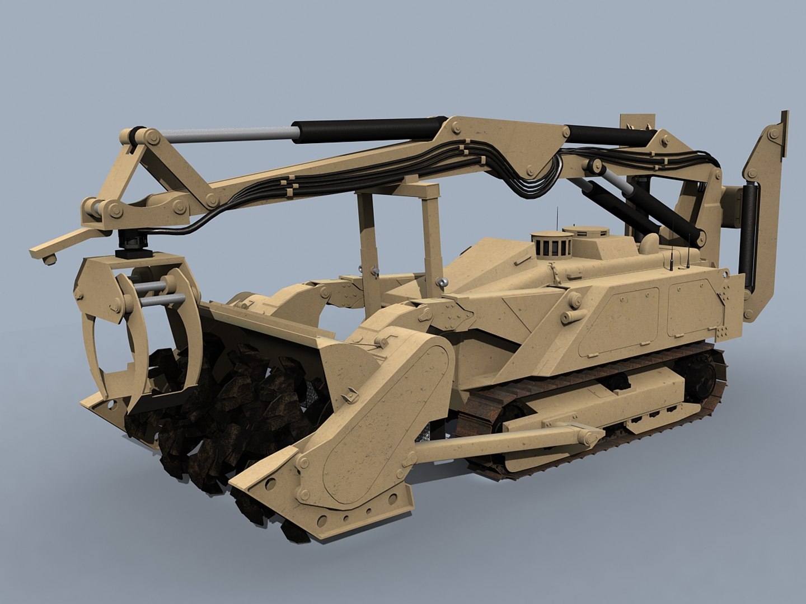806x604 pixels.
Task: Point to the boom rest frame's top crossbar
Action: [397, 190]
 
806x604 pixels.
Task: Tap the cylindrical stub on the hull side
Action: [570, 317]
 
